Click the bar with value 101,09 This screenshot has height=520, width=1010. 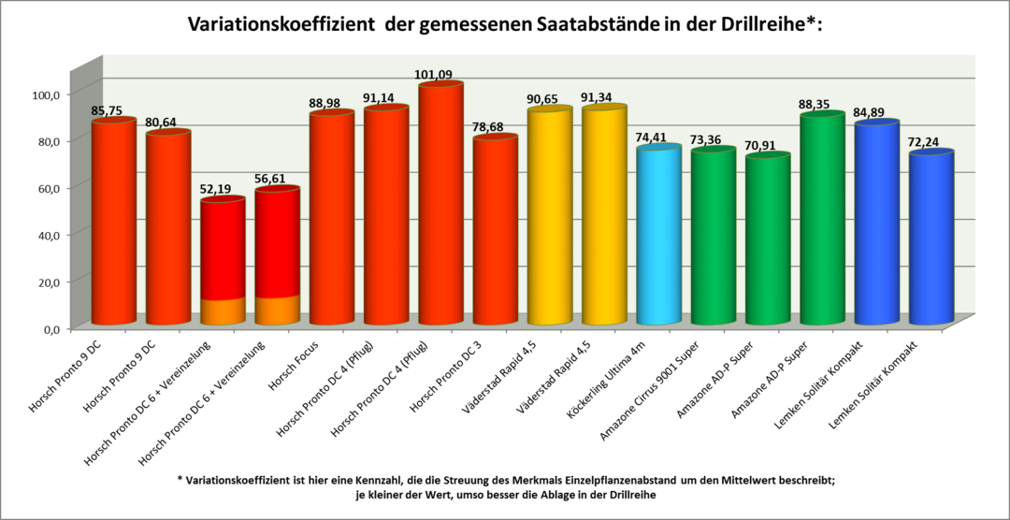440,206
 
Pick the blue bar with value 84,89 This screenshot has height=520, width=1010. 876,224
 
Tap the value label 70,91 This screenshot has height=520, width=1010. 767,146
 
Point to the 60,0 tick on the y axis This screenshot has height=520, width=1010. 46,188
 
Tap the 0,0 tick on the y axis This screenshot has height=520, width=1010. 49,328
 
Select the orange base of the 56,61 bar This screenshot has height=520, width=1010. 277,311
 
